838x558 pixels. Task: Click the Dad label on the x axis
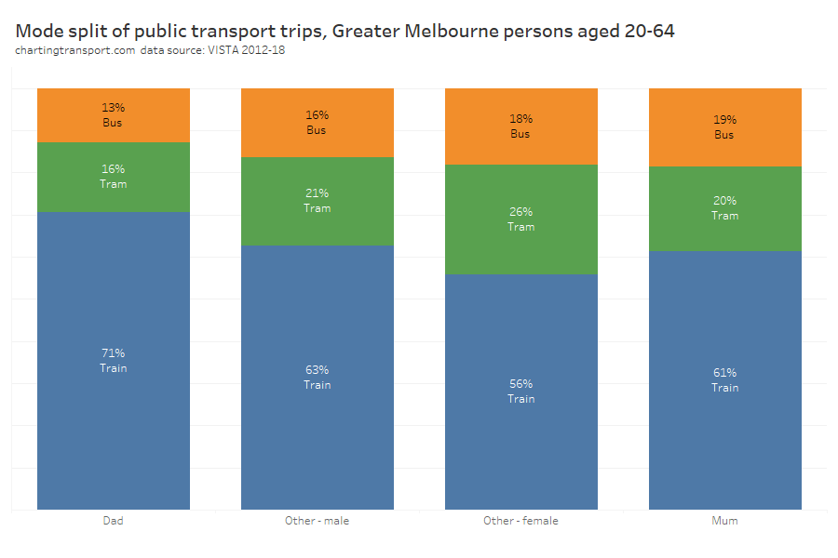point(113,521)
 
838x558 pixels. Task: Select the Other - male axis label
point(317,521)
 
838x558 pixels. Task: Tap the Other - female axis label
point(520,521)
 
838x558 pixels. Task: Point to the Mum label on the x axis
point(724,521)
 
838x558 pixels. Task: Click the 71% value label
point(113,353)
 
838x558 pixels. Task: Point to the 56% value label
point(520,384)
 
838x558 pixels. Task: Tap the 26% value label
point(520,212)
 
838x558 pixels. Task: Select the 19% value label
point(724,120)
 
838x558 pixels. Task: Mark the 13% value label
point(113,108)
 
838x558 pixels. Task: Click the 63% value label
point(317,370)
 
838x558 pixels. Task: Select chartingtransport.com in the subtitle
point(75,50)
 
